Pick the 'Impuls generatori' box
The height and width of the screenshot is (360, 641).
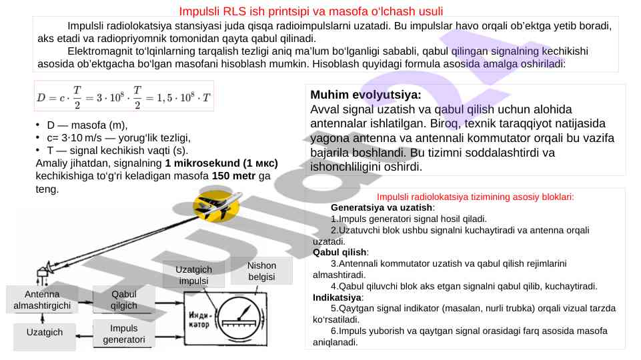[123, 334]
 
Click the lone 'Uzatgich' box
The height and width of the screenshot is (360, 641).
[45, 332]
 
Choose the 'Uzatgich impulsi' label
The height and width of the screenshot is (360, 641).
[194, 275]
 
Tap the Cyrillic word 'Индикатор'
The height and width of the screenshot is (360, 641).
[201, 320]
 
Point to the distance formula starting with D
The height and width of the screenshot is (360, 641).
[124, 97]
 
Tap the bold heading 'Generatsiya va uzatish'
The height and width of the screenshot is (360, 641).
[382, 208]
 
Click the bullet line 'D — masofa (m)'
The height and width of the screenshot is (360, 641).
[87, 125]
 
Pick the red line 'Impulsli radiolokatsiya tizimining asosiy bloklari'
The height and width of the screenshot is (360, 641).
[475, 197]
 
